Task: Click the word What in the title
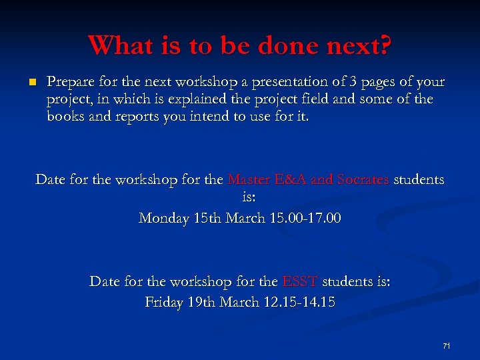117,45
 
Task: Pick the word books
65,117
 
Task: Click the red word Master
250,180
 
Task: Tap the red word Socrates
363,180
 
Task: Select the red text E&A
291,180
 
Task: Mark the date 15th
206,219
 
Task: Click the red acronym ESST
300,282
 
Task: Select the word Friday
164,303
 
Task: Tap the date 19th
203,303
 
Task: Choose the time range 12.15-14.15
298,303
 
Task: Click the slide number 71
446,346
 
